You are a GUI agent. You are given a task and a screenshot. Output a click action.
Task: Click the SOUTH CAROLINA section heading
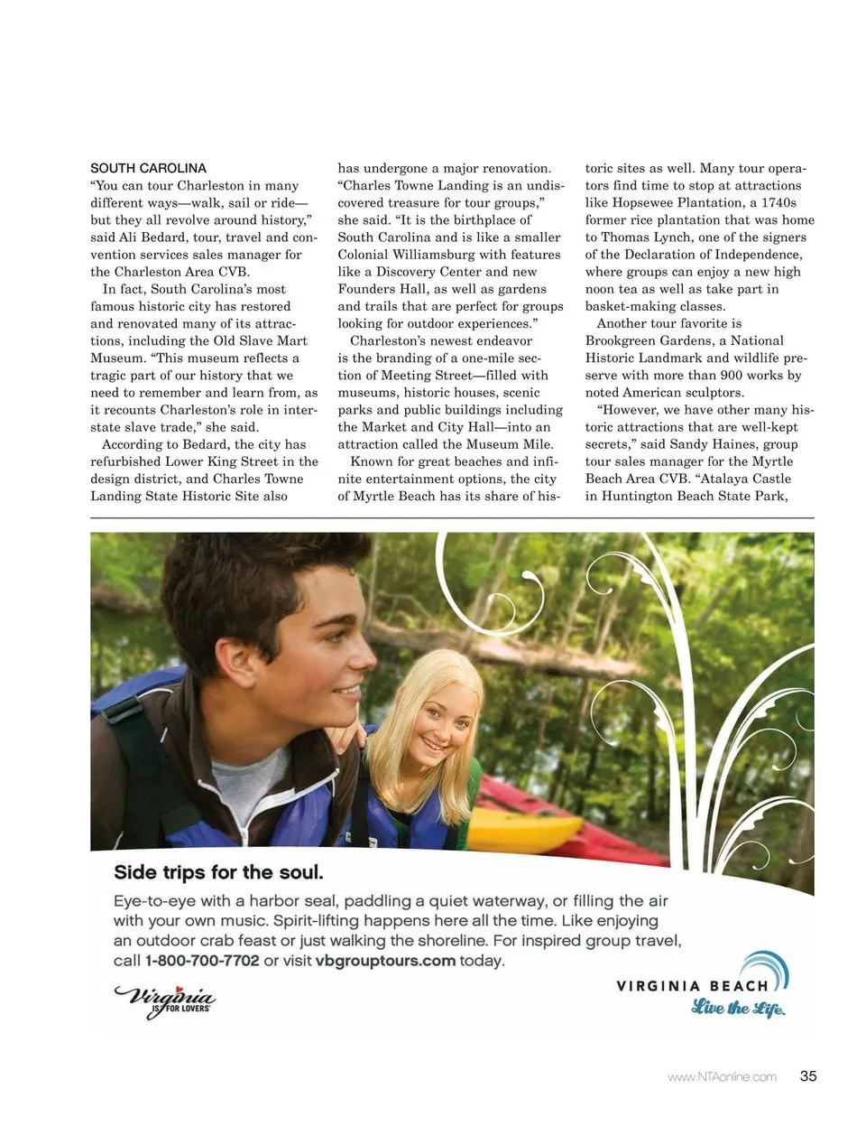coord(148,168)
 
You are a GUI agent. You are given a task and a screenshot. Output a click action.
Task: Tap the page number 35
coord(808,1075)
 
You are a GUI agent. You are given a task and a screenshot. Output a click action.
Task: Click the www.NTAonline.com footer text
coord(722,1076)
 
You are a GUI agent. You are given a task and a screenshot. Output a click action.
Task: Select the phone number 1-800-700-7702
coord(202,961)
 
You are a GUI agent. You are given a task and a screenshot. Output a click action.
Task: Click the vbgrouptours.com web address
coord(385,961)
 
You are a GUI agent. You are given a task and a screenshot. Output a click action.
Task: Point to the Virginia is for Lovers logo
coord(166,1000)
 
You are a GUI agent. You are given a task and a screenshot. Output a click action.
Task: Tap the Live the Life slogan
coord(738,1008)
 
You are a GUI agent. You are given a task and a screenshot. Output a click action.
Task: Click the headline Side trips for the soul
coord(218,872)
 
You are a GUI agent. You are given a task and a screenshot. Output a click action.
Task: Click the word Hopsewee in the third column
coord(668,203)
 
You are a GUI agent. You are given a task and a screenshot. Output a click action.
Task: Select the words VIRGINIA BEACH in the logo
coord(692,986)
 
